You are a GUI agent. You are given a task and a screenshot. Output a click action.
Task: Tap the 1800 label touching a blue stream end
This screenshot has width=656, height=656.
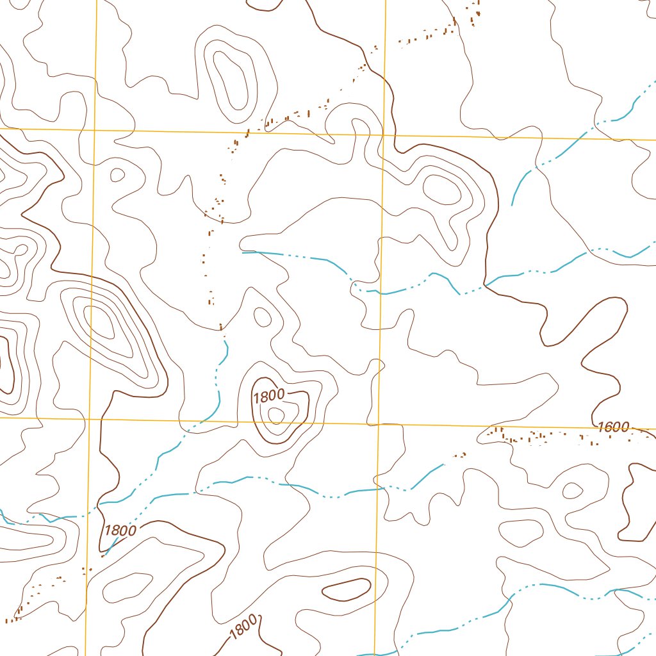pyautogui.click(x=120, y=530)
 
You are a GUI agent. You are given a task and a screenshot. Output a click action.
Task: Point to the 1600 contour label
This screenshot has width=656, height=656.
pyautogui.click(x=613, y=427)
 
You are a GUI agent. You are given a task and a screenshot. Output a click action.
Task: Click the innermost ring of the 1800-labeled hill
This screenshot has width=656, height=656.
pyautogui.click(x=275, y=415)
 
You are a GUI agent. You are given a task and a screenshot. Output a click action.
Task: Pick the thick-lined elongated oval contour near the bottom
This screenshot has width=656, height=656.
pyautogui.click(x=346, y=589)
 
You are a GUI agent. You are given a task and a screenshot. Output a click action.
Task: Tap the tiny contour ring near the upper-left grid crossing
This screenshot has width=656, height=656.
pyautogui.click(x=117, y=174)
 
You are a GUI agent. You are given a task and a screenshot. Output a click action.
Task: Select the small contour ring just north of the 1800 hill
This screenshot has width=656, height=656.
pyautogui.click(x=263, y=315)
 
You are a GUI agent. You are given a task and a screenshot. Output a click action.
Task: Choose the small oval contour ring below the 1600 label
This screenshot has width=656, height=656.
pyautogui.click(x=572, y=491)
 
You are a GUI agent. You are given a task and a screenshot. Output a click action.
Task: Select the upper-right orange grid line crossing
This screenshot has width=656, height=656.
pyautogui.click(x=384, y=136)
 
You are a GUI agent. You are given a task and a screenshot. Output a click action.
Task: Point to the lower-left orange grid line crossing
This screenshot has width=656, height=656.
pyautogui.click(x=99, y=418)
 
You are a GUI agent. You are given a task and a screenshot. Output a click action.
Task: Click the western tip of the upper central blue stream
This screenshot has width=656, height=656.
pyautogui.click(x=243, y=253)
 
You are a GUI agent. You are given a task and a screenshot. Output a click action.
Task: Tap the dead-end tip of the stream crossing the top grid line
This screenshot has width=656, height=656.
pyautogui.click(x=512, y=205)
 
